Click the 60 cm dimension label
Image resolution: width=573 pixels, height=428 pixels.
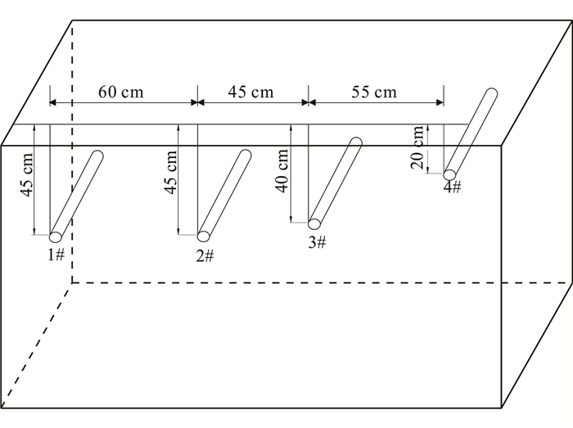121,92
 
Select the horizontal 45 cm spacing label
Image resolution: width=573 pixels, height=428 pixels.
250,92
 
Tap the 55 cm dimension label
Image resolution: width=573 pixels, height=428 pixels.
374,92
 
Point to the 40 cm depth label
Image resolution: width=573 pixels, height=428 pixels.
282,171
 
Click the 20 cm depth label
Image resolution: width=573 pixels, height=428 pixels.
417,147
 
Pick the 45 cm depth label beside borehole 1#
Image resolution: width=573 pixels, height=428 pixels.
27,174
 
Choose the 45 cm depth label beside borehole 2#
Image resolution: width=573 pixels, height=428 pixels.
170,173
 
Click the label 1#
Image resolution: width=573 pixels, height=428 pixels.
56,255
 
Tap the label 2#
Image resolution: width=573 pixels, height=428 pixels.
205,256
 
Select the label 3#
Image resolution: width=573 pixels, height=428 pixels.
317,242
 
